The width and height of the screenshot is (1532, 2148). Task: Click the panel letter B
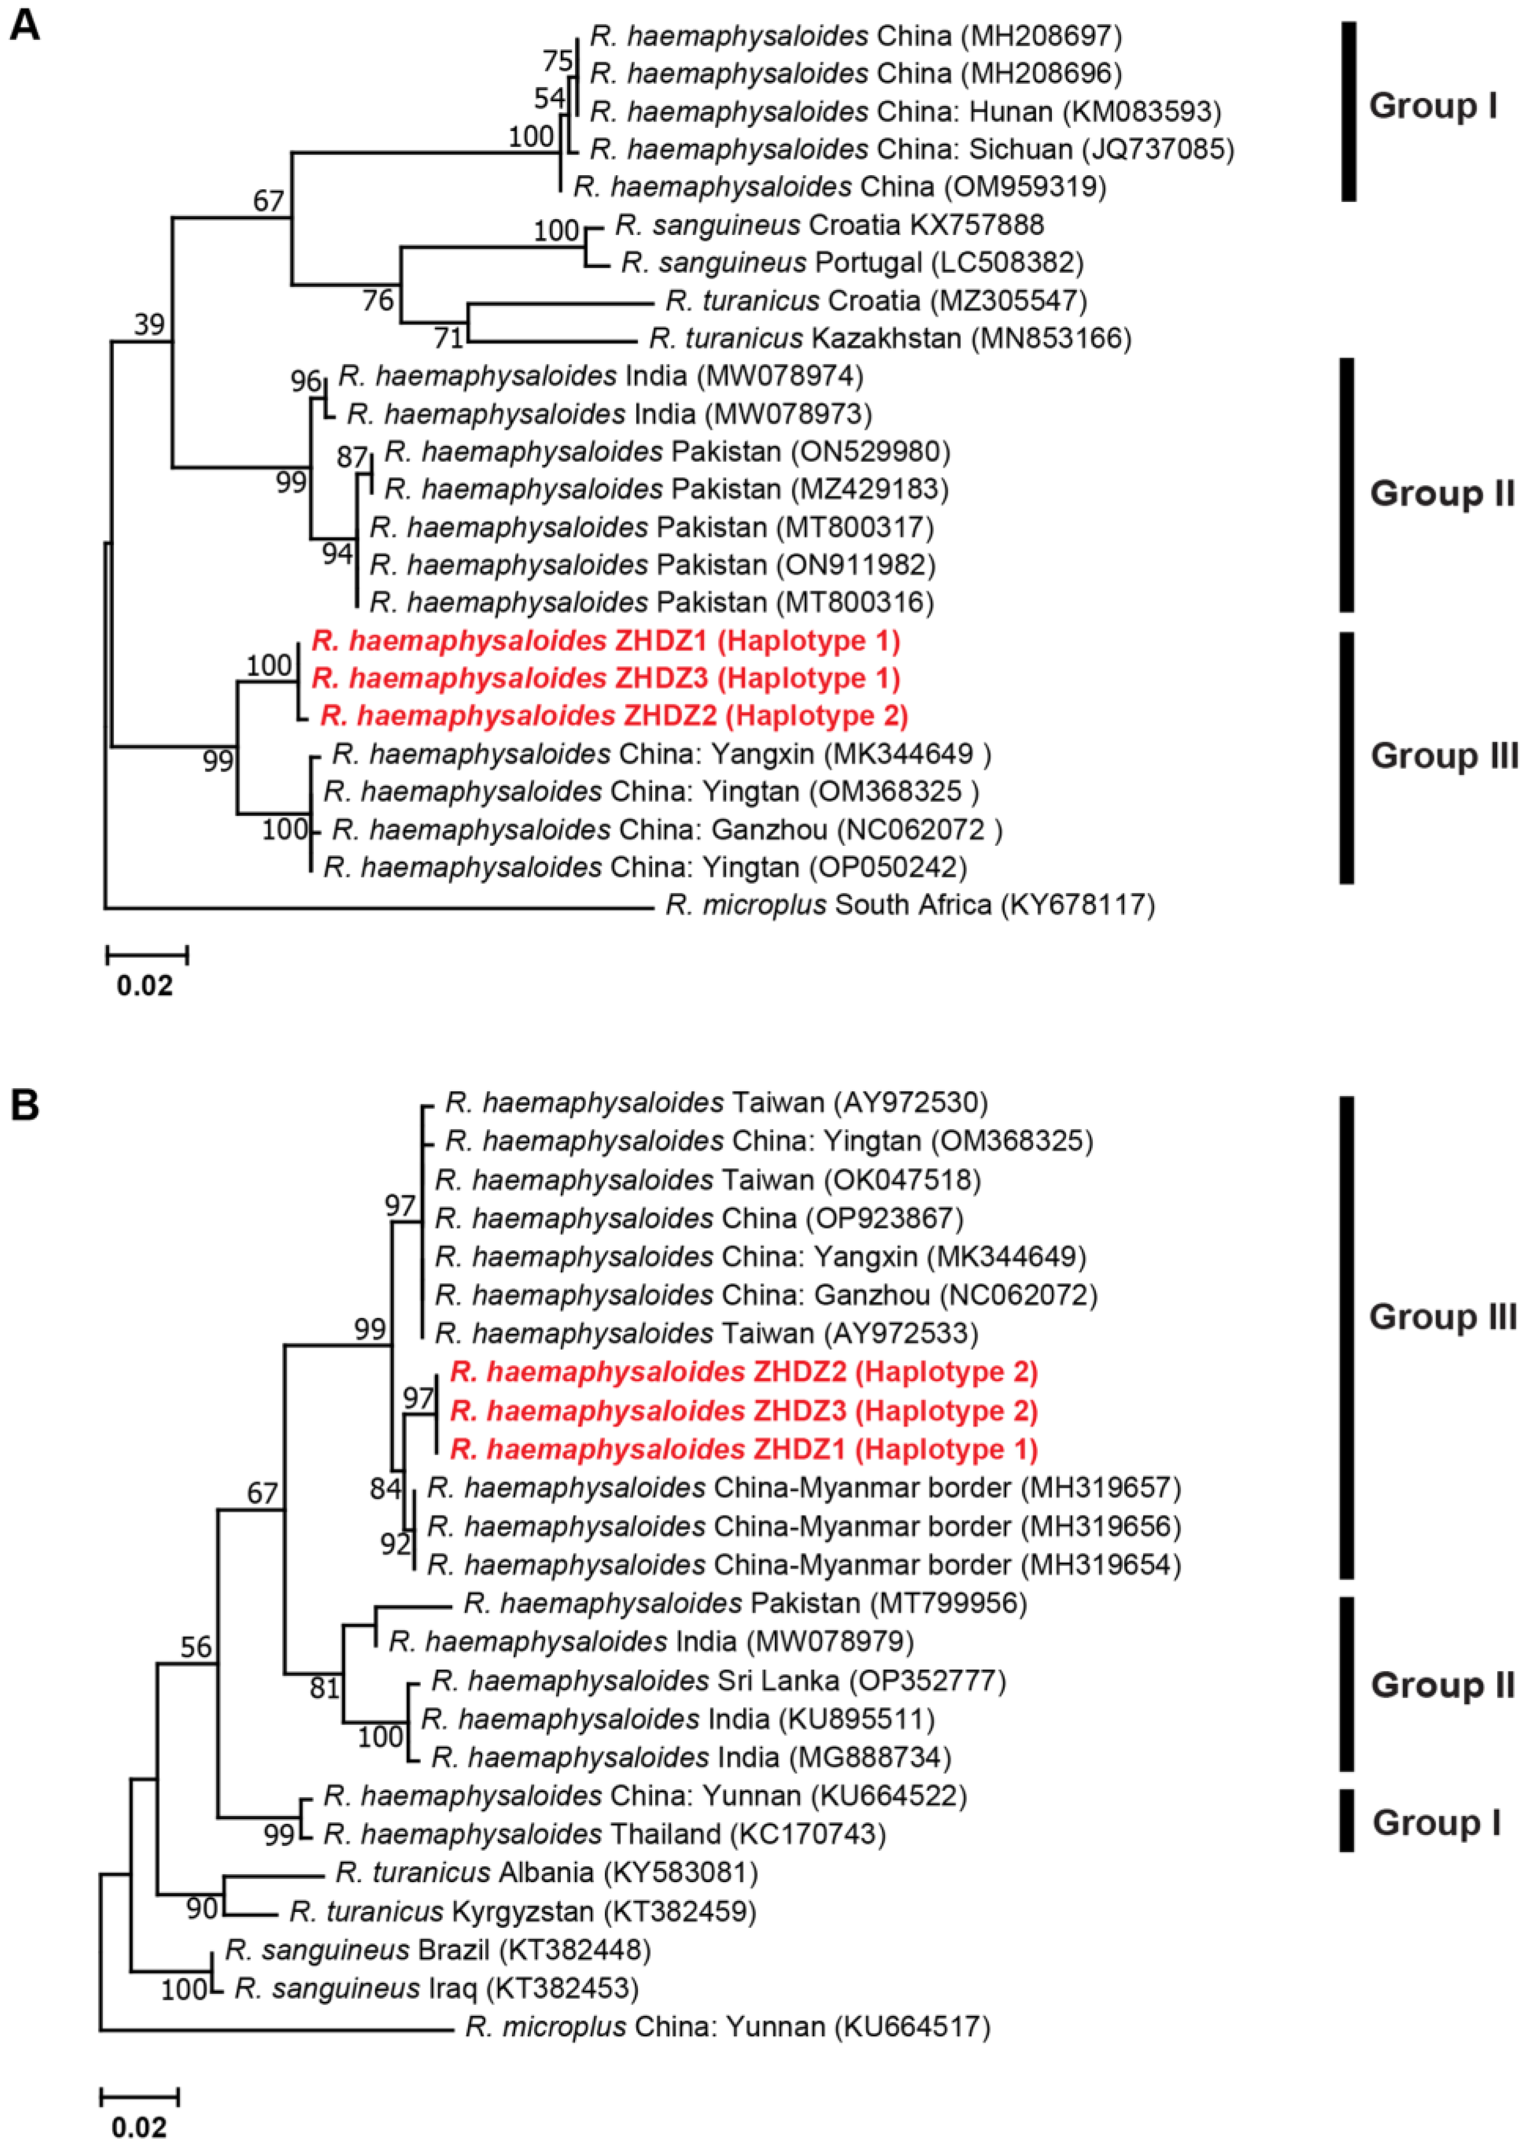[x=25, y=1105]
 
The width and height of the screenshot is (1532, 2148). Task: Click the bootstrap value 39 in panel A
[x=149, y=325]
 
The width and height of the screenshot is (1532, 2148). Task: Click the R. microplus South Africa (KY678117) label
[x=909, y=905]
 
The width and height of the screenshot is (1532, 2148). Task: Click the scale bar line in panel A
[x=146, y=955]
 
